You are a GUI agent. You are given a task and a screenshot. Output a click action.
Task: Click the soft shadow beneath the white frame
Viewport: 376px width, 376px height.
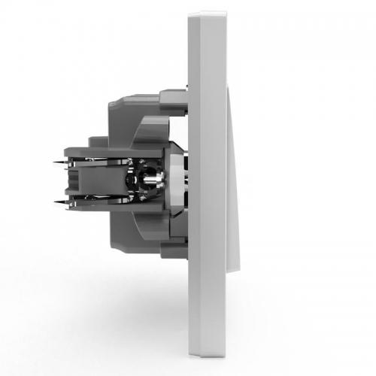[x=203, y=368]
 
